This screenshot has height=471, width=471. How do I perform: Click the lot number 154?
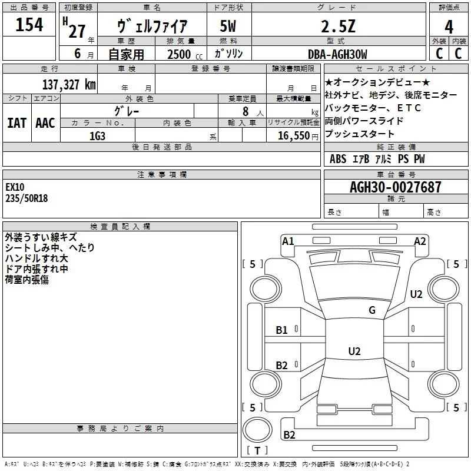click(29, 25)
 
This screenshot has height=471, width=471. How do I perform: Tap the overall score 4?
click(449, 26)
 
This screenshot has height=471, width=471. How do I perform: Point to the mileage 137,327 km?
click(69, 84)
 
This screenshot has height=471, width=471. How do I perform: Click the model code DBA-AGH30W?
click(337, 54)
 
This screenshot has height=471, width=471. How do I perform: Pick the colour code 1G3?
click(97, 135)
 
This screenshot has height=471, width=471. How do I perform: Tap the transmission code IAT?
click(16, 122)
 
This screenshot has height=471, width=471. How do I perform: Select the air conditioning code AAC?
click(45, 122)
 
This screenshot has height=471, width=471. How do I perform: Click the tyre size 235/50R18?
click(26, 198)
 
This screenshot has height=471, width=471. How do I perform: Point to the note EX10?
click(15, 187)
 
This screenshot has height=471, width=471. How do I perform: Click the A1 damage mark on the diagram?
click(288, 241)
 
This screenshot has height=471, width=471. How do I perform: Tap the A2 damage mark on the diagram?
click(420, 241)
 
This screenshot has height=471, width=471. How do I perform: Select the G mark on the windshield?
click(372, 310)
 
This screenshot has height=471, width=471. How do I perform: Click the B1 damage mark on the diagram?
click(282, 330)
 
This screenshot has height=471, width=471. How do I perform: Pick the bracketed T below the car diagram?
click(257, 450)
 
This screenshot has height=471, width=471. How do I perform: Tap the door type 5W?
click(229, 26)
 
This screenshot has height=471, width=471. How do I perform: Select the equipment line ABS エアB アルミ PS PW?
click(377, 159)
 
